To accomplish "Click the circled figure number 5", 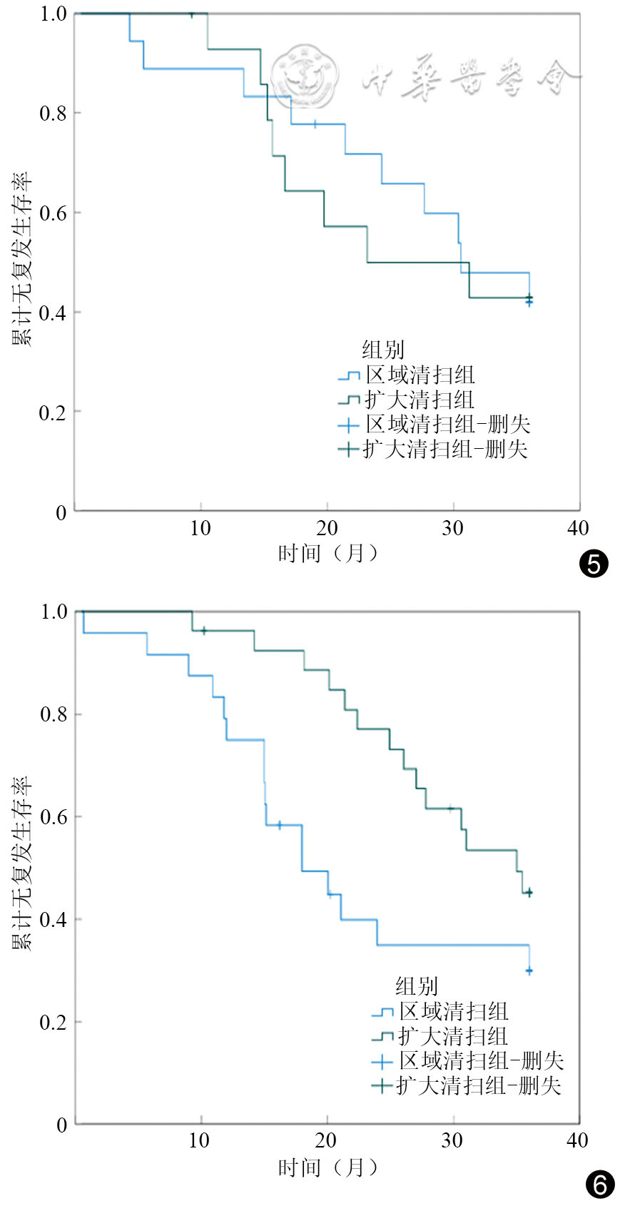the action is point(593,564).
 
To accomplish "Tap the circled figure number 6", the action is point(600,1185).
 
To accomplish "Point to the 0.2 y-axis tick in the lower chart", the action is point(53,1021).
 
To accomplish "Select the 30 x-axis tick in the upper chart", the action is point(453,528).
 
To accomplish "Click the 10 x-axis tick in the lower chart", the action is point(199,1140).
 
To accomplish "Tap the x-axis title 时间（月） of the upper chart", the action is point(328,553).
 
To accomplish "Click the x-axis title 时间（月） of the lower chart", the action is point(328,1167).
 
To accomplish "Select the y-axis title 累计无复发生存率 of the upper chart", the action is point(21,258).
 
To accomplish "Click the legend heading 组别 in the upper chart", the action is point(382,350).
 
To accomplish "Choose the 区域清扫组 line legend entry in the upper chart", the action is point(407,375).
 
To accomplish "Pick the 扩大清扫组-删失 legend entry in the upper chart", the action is point(433,449).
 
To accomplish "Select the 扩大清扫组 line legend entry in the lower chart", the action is point(439,1036).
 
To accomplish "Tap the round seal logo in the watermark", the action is point(305,76).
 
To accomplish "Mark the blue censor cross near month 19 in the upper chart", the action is point(315,124).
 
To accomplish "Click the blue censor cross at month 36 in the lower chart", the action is point(529,971).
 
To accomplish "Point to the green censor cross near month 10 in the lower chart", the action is point(203,630).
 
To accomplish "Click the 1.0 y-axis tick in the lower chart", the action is point(54,612).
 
